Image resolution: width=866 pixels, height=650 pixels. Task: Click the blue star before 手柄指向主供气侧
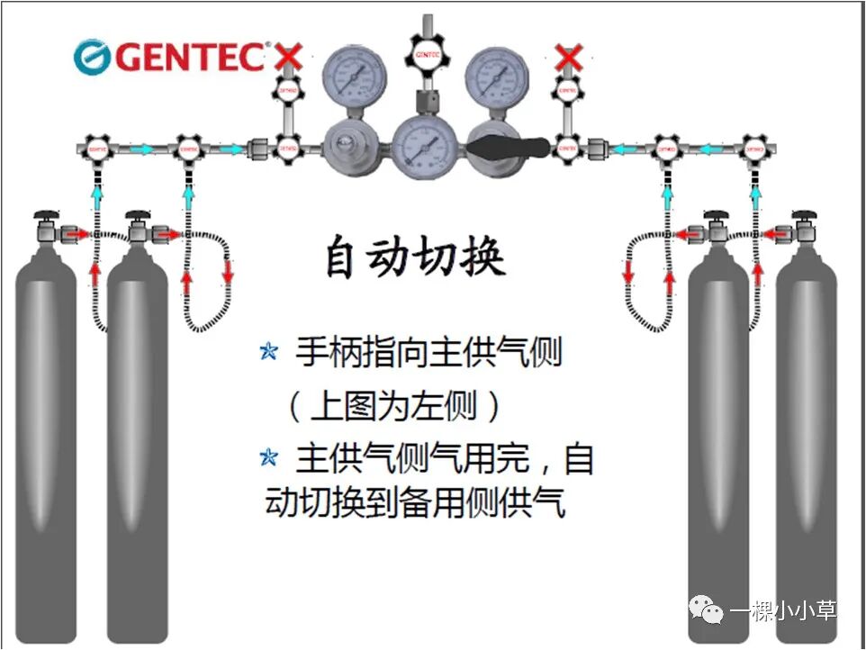pos(268,352)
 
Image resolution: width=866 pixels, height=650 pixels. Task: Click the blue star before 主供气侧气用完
pos(268,457)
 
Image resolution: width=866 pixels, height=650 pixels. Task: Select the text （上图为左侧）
pos(393,408)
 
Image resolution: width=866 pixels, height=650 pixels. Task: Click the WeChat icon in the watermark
pos(707,612)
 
